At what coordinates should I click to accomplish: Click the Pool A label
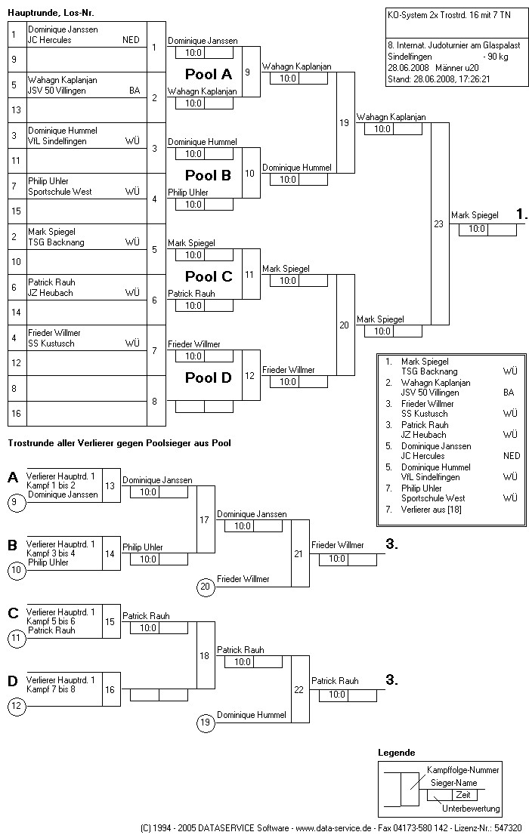coord(209,74)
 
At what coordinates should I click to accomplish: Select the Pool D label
coord(209,377)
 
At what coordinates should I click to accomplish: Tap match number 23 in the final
coord(438,223)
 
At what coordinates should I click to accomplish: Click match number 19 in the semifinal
coord(344,122)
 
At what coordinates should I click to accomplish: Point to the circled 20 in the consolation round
coord(204,587)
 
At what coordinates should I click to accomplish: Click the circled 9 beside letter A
coord(17,502)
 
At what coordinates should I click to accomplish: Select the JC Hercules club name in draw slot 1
coord(50,40)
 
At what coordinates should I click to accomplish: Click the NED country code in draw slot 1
coord(131,40)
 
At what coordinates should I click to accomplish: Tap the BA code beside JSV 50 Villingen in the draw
coord(135,91)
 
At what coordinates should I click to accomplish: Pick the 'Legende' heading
coord(396,753)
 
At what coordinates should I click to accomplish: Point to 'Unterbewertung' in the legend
coord(471,809)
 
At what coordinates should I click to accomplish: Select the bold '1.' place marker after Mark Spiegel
coord(521,214)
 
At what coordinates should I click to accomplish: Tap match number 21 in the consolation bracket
coord(299,553)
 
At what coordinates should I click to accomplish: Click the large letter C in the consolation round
coord(13,613)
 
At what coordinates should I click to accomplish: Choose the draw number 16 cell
coord(14,414)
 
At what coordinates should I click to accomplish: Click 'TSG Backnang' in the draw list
coord(56,242)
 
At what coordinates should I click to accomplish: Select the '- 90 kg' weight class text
coord(497,56)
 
